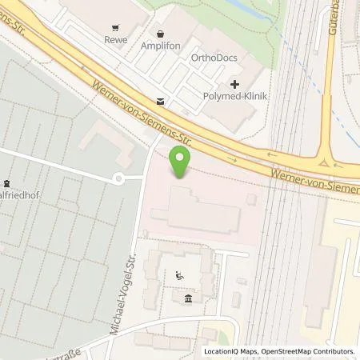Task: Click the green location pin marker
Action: [182, 162]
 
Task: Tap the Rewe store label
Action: [116, 38]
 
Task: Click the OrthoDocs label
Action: [211, 58]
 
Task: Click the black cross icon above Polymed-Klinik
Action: [234, 84]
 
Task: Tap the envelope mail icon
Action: [162, 101]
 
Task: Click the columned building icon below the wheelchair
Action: [188, 299]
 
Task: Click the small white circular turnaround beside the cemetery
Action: [118, 178]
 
